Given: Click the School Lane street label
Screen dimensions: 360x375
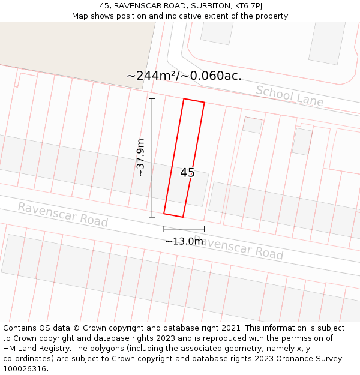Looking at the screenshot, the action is [x=290, y=96].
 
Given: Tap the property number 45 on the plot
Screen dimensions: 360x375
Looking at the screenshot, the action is [x=187, y=173].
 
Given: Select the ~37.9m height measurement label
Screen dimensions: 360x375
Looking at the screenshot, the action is [x=140, y=157].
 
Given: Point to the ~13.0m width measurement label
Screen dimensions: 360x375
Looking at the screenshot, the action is [x=184, y=241].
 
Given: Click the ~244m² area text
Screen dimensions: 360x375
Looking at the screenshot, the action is [x=150, y=76].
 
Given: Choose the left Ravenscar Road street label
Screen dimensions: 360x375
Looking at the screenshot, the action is [x=62, y=214].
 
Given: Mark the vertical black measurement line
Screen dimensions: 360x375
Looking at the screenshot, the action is [x=152, y=157].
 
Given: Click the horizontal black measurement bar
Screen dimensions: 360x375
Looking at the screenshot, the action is [x=184, y=229].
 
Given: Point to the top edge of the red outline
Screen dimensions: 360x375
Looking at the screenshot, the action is [x=194, y=101].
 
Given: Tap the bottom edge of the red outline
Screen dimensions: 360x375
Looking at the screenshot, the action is [x=173, y=215].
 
